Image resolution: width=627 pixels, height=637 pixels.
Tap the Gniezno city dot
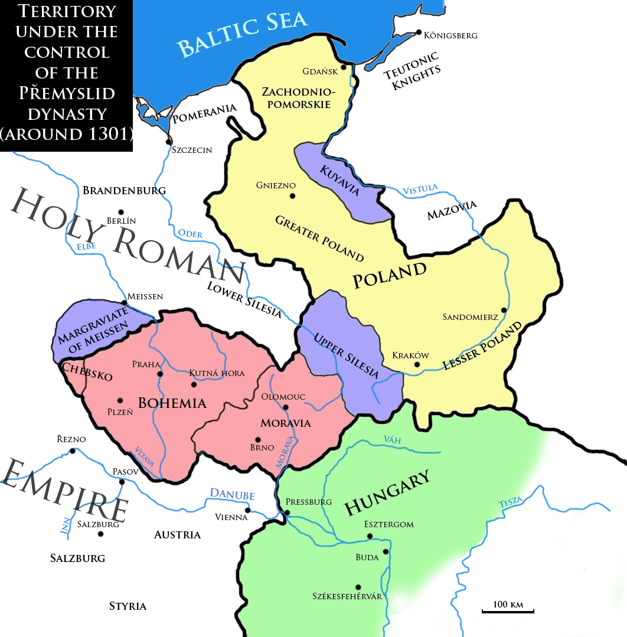291,196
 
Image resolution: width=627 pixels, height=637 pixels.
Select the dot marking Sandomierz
503,310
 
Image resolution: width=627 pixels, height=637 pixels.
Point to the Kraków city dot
417,364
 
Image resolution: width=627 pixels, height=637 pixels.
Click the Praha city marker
159,374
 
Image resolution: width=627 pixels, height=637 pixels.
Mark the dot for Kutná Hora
193,384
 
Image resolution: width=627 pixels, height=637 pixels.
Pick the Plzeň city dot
120,400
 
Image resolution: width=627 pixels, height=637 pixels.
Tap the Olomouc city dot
286,407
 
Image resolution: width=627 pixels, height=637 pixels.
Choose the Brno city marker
257,439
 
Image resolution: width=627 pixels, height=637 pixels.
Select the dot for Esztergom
370,536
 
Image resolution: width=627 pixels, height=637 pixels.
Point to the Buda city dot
385,551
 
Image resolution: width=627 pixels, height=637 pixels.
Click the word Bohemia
172,403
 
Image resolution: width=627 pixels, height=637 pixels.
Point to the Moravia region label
286,423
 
